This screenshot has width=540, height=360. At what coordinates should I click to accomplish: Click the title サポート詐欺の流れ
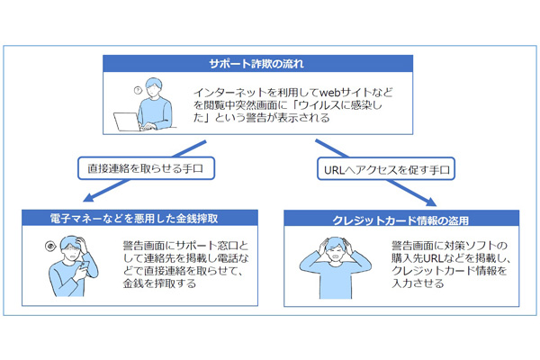click(256, 64)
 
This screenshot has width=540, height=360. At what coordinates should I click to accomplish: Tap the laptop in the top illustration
click(127, 121)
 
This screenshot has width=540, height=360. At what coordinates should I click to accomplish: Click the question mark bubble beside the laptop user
click(138, 90)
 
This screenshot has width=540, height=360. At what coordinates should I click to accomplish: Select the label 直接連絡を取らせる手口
click(145, 168)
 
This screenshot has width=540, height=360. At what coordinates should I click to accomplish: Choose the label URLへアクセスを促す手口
click(387, 169)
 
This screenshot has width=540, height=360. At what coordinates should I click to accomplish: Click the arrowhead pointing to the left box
click(89, 197)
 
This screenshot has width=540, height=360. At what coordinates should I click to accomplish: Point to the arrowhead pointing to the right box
click(430, 202)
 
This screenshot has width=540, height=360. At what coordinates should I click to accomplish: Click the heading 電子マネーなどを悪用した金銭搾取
click(134, 219)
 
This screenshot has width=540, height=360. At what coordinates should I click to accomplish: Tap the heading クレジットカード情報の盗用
click(400, 220)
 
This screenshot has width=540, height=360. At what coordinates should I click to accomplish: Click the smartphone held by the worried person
click(84, 265)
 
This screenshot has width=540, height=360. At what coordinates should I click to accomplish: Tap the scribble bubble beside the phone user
click(50, 246)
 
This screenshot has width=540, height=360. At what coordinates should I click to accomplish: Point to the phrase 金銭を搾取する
click(160, 283)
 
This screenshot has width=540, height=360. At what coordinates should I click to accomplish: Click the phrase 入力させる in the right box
click(418, 283)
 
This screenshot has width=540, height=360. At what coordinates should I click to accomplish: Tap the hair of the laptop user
click(154, 83)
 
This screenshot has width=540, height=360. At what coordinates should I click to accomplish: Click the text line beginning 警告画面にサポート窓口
click(185, 246)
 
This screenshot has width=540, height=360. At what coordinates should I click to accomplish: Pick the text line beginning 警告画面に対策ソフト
click(449, 246)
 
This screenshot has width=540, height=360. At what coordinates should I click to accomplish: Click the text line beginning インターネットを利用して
click(293, 93)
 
